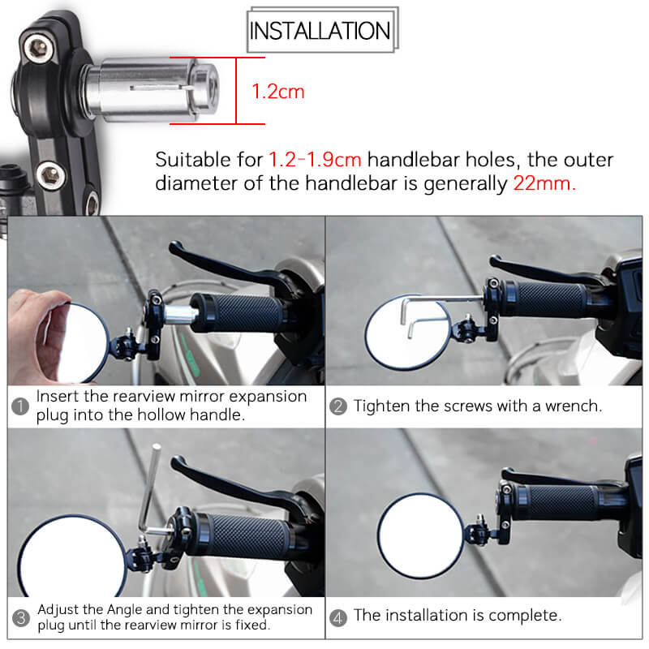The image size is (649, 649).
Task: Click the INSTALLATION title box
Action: click(x=321, y=32)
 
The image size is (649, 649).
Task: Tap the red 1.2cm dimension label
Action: click(x=278, y=92)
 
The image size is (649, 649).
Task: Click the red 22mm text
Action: click(x=544, y=183)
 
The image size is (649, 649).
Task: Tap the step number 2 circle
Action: click(x=338, y=406)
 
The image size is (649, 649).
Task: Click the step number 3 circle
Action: click(x=20, y=618)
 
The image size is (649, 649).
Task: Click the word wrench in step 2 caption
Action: click(x=572, y=406)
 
